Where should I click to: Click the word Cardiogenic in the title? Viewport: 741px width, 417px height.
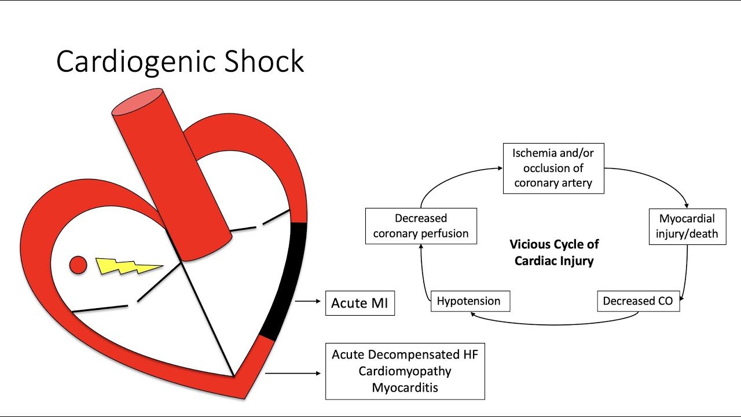click(136, 62)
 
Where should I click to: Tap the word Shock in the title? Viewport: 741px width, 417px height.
click(264, 61)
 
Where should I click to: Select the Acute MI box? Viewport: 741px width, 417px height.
click(360, 303)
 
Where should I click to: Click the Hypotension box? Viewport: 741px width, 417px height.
click(471, 301)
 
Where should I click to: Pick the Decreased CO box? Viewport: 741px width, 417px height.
click(639, 301)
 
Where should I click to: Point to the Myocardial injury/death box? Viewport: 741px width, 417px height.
click(687, 226)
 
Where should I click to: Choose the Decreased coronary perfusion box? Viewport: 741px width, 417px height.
click(421, 226)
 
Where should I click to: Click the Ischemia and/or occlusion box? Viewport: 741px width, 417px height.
click(553, 169)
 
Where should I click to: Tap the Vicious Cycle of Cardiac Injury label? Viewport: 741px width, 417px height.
click(554, 253)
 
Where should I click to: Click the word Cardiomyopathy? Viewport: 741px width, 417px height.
click(405, 371)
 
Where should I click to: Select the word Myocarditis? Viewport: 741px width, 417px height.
click(405, 387)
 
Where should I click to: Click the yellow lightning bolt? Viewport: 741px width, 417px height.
click(129, 266)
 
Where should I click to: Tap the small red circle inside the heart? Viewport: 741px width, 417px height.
click(78, 265)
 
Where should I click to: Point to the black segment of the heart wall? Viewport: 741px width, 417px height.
click(288, 281)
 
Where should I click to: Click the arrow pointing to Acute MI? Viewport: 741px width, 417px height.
click(307, 301)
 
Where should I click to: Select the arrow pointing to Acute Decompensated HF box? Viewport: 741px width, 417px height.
click(293, 374)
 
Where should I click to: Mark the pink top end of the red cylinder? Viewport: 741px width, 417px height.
click(137, 101)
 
